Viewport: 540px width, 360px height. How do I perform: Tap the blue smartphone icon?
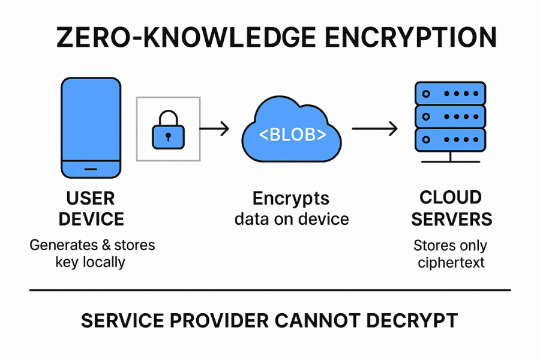click(x=91, y=120)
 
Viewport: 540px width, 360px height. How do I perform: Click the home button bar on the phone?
click(x=91, y=169)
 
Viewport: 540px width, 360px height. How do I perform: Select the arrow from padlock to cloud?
click(x=214, y=128)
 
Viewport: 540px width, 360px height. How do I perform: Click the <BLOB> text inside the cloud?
click(x=292, y=134)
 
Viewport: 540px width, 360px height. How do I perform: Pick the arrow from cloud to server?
click(x=375, y=128)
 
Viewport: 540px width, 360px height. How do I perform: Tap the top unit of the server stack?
click(x=450, y=94)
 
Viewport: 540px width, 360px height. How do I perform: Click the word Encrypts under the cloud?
click(x=292, y=199)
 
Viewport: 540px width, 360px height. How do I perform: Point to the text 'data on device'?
click(x=292, y=218)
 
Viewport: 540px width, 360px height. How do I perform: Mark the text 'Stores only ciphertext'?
click(x=451, y=254)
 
